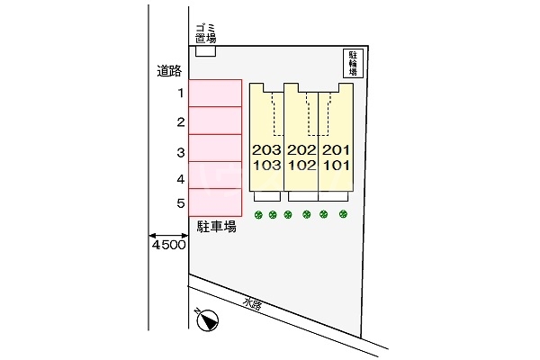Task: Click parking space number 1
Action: click(x=215, y=94)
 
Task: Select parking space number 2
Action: click(x=215, y=121)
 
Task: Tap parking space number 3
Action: click(x=215, y=149)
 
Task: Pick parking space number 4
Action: click(x=215, y=176)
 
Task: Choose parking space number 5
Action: click(x=215, y=202)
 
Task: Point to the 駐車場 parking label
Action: click(x=217, y=227)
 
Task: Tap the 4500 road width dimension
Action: click(x=168, y=245)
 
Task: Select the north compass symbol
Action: click(x=206, y=320)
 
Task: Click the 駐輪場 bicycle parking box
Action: click(x=354, y=64)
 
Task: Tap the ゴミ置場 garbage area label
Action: click(x=206, y=35)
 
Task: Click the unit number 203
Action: click(x=266, y=150)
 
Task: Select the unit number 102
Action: click(x=301, y=165)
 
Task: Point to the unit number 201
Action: click(x=335, y=150)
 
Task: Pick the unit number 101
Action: click(x=335, y=165)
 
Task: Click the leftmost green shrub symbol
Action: click(x=259, y=214)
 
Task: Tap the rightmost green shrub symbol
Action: click(x=343, y=214)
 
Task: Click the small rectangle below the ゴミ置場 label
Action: click(x=206, y=52)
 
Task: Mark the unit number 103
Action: click(x=266, y=165)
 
